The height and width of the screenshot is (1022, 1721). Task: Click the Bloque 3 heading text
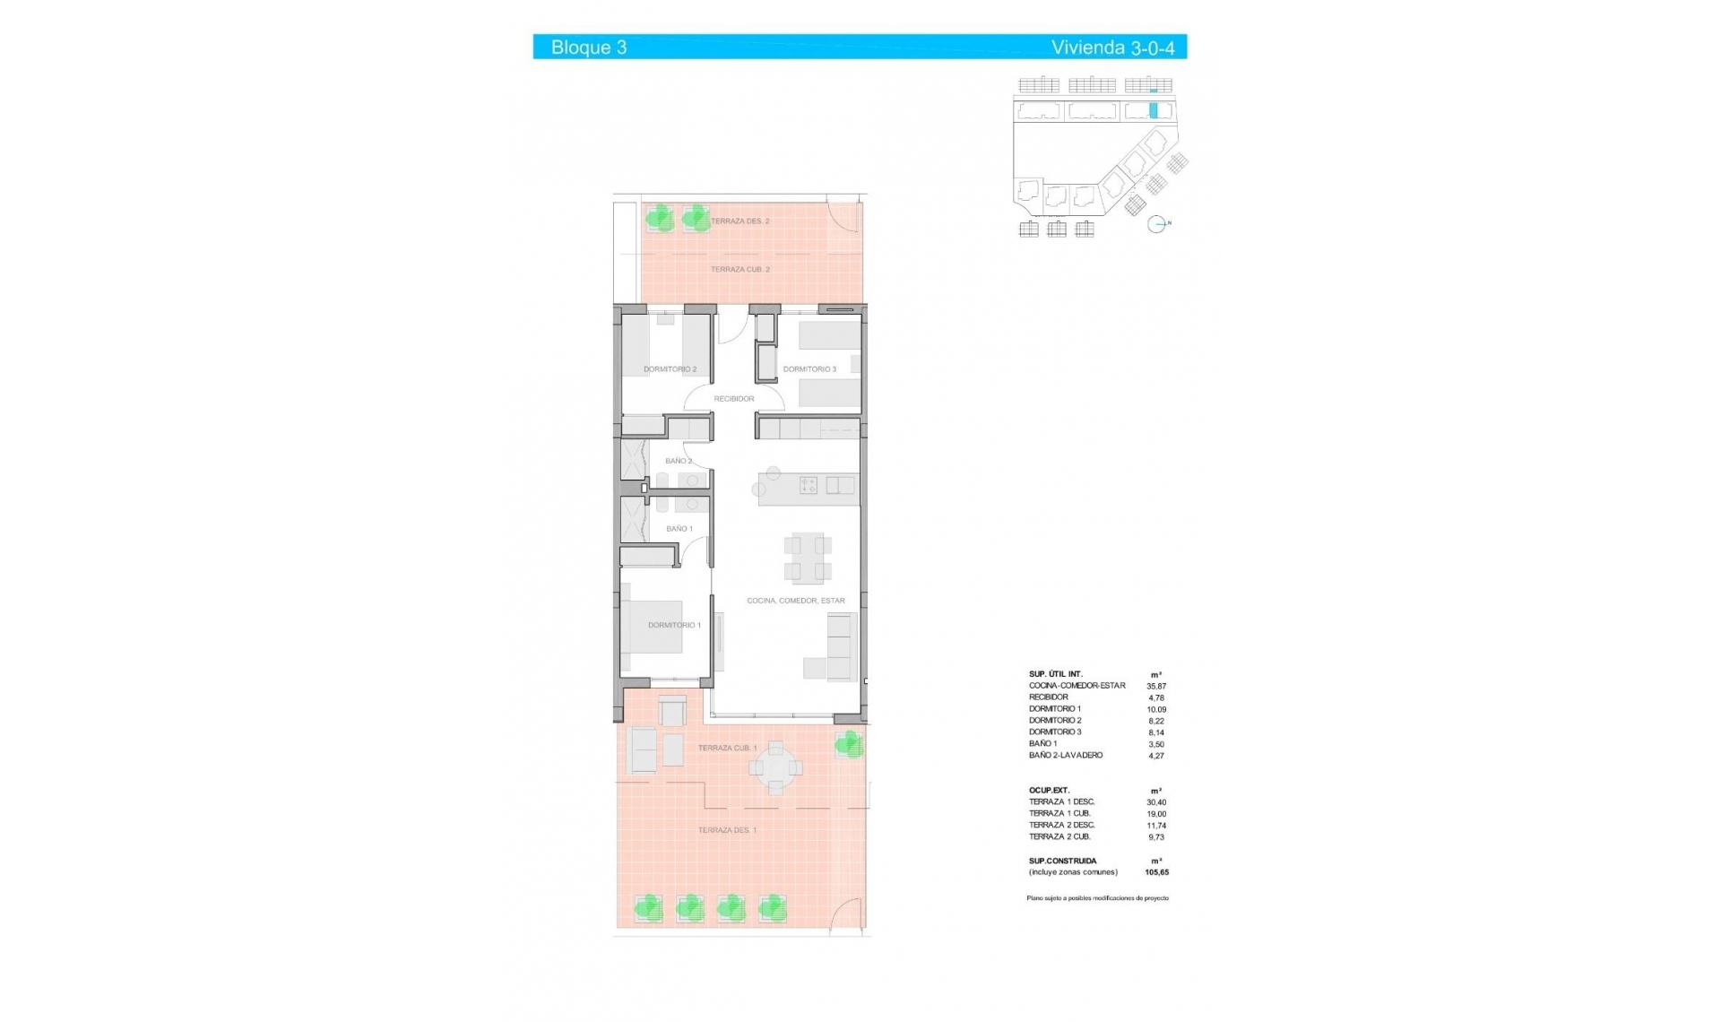[588, 48]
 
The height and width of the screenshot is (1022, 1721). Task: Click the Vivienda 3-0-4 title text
[1112, 48]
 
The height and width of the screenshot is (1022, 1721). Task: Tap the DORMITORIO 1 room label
[674, 625]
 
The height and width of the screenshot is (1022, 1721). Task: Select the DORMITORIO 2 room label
[670, 369]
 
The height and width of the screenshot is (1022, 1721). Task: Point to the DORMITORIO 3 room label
[809, 369]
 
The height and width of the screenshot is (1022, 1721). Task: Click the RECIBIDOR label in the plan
[734, 399]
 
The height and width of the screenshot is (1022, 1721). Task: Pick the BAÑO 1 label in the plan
[679, 529]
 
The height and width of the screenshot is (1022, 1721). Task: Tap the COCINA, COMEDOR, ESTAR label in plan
[796, 601]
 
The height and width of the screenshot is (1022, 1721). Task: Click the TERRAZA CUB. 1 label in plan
[727, 748]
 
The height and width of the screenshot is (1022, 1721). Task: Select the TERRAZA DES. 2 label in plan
[739, 221]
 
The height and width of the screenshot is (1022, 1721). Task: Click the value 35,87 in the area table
[1156, 686]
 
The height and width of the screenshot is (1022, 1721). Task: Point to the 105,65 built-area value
[1156, 871]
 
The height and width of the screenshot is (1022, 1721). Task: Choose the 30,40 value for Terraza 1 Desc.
[1156, 802]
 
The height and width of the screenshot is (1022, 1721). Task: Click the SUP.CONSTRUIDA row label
[1063, 861]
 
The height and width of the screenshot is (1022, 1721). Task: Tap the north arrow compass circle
[1156, 224]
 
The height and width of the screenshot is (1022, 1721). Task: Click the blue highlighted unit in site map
[1154, 111]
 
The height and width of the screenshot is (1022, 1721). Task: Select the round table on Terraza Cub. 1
[775, 768]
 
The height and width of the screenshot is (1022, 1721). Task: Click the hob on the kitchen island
[809, 486]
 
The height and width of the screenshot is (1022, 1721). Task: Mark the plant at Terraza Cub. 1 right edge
[848, 744]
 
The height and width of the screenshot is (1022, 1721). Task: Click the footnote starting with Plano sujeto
[1097, 897]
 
